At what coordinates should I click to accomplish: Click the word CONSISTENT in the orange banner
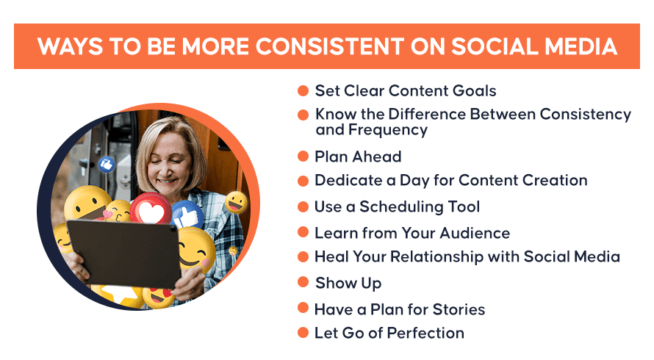(330, 46)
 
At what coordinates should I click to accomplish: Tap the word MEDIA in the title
(581, 46)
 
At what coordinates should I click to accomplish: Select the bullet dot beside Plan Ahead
(303, 156)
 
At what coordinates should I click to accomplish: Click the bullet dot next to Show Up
(303, 282)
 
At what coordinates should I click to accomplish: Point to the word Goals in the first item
(475, 90)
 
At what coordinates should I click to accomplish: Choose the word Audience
(475, 233)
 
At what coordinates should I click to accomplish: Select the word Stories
(459, 309)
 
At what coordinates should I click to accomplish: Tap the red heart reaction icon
(151, 209)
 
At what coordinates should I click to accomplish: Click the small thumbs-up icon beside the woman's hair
(107, 165)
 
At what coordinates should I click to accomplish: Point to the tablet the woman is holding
(124, 253)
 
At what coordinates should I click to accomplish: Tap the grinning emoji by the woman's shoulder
(236, 202)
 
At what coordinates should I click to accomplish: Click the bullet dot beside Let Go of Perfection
(303, 333)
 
